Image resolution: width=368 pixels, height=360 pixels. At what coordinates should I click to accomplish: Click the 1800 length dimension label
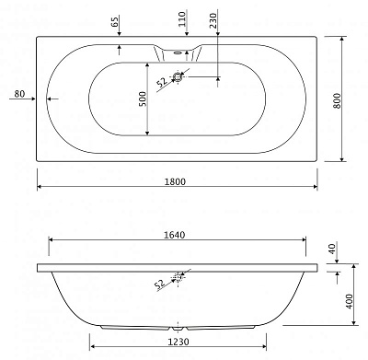click(x=175, y=181)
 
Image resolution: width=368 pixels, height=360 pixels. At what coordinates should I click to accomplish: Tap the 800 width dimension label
click(x=337, y=100)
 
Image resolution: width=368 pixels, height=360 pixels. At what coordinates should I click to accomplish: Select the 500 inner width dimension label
click(x=143, y=99)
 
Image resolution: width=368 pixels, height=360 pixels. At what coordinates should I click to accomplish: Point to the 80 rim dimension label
click(x=19, y=94)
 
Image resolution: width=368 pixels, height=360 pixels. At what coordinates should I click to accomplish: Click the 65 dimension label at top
click(x=115, y=22)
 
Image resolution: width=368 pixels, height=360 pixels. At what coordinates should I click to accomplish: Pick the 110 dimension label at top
click(x=182, y=19)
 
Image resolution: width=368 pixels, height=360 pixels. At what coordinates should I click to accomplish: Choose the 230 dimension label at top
click(x=213, y=20)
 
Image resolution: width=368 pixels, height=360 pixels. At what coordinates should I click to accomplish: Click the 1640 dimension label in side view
click(x=175, y=235)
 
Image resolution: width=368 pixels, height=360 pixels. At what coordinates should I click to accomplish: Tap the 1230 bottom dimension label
click(x=178, y=342)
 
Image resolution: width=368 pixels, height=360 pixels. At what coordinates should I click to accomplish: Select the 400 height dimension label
click(x=350, y=301)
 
